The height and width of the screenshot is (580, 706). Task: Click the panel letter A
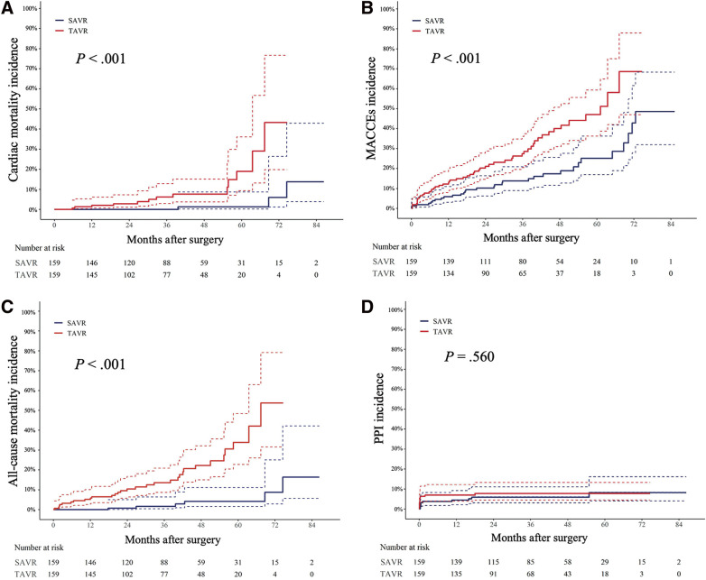7,8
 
